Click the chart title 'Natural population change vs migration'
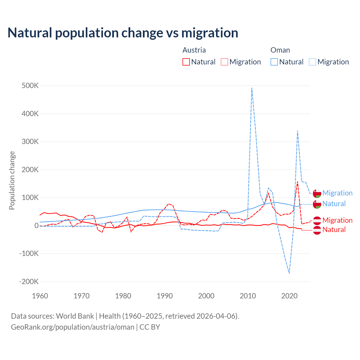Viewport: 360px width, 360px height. point(123,33)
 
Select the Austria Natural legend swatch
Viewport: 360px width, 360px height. point(186,62)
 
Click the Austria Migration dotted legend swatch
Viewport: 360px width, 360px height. point(224,62)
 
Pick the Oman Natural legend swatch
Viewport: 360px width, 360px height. point(274,62)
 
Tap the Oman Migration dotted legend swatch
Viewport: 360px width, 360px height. point(312,62)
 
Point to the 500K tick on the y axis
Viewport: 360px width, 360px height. point(30,86)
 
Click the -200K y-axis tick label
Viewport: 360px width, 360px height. point(29,282)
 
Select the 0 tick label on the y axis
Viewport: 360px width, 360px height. point(37,226)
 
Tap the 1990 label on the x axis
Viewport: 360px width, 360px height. point(165,296)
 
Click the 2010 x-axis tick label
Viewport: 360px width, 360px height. point(248,296)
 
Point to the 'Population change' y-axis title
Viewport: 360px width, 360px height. point(12,180)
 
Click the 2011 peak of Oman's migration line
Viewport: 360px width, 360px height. point(252,88)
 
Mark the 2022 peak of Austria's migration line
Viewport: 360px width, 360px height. point(298,181)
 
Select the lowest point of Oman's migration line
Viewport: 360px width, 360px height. point(289,273)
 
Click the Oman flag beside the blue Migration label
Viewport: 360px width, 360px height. point(317,193)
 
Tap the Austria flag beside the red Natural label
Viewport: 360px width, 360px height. point(317,230)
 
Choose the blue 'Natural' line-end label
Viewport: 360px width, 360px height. point(334,204)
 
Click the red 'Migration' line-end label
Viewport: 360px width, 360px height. point(337,220)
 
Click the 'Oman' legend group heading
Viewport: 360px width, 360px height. point(280,50)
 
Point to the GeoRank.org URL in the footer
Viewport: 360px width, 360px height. point(73,327)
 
